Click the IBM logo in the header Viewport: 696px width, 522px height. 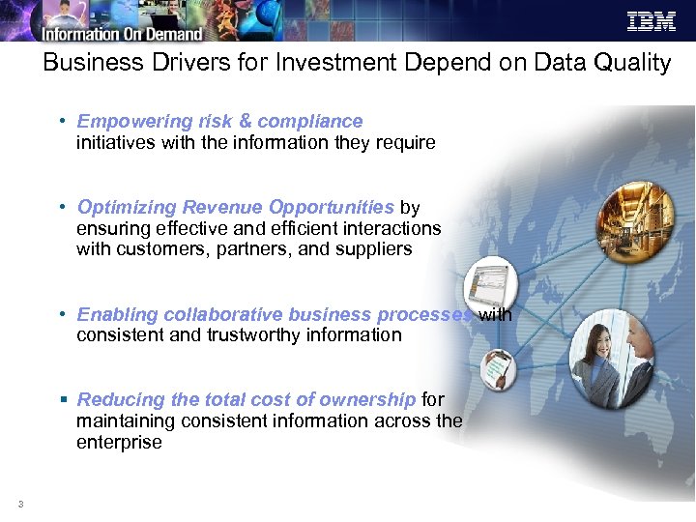[x=652, y=21]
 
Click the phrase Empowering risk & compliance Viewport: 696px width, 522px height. [x=219, y=121]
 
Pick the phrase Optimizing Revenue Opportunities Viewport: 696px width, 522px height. [x=235, y=207]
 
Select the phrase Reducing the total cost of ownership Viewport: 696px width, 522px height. [x=246, y=399]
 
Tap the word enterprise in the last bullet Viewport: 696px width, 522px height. [x=119, y=442]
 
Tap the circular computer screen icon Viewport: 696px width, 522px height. [x=490, y=283]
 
